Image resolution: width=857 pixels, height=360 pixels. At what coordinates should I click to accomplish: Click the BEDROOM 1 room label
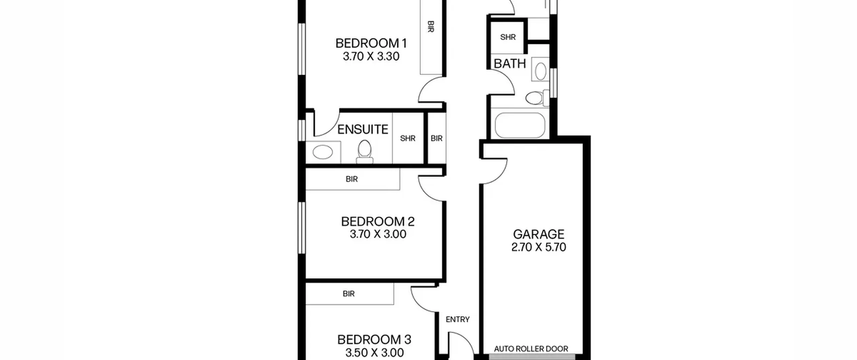[371, 44]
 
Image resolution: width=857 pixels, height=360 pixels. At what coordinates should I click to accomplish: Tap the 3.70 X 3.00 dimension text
[378, 234]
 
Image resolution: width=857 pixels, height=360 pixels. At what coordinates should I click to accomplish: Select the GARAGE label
[539, 234]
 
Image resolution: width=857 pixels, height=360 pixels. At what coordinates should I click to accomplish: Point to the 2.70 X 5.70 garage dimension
[539, 247]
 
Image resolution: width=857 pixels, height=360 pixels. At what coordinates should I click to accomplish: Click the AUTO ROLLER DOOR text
[531, 349]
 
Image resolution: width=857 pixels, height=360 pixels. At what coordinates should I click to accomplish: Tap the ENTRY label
[458, 319]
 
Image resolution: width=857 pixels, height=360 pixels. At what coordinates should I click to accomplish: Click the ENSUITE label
[363, 129]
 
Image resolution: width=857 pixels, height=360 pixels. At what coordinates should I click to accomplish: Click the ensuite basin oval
[323, 152]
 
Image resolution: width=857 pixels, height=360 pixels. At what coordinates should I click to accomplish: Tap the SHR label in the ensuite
[408, 138]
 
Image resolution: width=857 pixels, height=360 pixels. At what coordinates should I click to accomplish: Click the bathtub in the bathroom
[520, 125]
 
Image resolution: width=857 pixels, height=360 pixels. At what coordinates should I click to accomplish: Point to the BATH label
[510, 64]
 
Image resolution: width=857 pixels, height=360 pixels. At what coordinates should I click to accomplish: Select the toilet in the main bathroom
[537, 98]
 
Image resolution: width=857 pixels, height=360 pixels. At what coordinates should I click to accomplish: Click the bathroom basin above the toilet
[541, 72]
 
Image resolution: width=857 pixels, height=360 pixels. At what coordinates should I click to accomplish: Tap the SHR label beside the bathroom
[508, 37]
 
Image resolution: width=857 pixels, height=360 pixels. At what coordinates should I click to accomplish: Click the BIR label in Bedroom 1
[431, 26]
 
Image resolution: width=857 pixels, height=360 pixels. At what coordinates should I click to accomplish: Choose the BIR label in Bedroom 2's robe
[352, 179]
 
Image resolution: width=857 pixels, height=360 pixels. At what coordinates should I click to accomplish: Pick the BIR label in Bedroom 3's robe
[348, 294]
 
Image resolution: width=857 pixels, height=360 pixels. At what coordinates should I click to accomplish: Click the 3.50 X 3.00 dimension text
[374, 353]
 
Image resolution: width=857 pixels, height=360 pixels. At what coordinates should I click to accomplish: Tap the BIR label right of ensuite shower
[437, 138]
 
